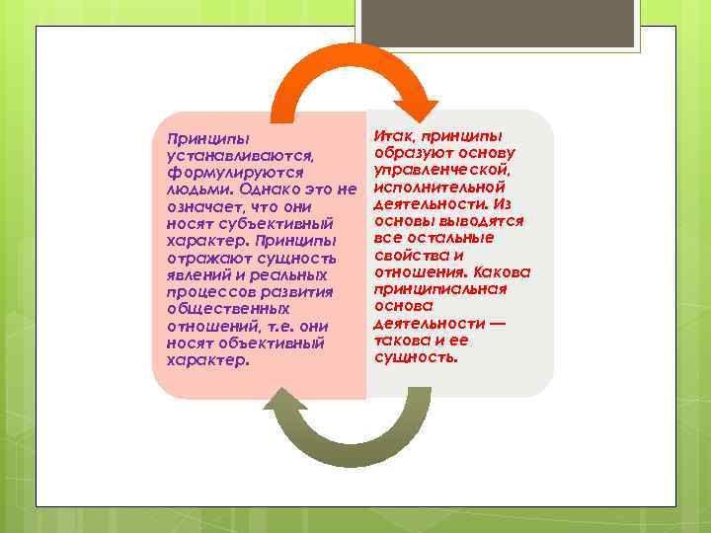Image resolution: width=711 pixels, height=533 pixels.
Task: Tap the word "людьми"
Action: pyautogui.click(x=198, y=190)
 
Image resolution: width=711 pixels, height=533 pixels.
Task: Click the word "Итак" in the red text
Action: pyautogui.click(x=391, y=134)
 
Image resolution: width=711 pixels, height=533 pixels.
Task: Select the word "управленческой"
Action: pyautogui.click(x=441, y=170)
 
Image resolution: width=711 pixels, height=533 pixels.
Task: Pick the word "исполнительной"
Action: pyautogui.click(x=440, y=187)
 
